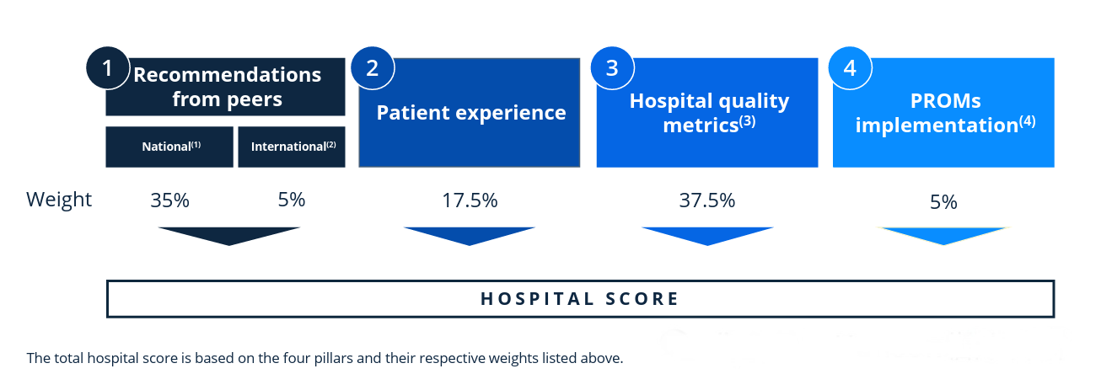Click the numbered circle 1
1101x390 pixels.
(107, 69)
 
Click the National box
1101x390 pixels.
(169, 147)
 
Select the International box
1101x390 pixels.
(293, 147)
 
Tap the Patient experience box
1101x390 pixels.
(470, 113)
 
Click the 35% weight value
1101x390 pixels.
(170, 200)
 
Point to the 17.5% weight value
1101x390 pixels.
(470, 200)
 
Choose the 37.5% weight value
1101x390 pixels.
(707, 200)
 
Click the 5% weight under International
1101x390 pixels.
(292, 200)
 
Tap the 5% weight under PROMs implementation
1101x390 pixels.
(943, 202)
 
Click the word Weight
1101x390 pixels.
(59, 200)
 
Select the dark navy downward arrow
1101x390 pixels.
(228, 235)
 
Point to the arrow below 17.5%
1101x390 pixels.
(469, 235)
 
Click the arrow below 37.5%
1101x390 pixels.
(707, 235)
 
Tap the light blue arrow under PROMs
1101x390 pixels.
(943, 235)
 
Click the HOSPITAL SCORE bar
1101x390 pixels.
(580, 299)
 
